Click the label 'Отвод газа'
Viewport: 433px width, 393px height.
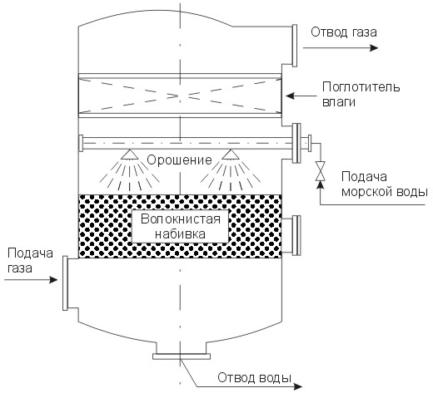[344, 32]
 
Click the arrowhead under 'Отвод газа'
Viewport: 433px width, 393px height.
[374, 48]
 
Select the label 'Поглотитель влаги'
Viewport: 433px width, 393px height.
[361, 94]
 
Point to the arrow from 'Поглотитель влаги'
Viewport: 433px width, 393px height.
[301, 96]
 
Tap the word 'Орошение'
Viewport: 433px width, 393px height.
[179, 160]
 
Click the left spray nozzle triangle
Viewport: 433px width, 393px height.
[129, 155]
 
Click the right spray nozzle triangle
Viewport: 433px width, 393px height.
[231, 155]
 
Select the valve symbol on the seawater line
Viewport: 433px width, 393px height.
[321, 171]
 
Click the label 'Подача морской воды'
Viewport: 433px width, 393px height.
[385, 184]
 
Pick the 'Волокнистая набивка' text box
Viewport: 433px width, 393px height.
[180, 227]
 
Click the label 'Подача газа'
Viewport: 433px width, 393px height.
[30, 261]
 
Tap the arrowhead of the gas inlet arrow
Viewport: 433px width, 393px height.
[53, 280]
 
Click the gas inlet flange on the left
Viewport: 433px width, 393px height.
[65, 282]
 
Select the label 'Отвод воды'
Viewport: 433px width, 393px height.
[254, 378]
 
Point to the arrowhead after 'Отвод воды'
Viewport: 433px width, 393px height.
[298, 386]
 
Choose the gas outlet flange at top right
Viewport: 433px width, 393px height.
[295, 46]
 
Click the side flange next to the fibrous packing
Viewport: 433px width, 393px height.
[296, 235]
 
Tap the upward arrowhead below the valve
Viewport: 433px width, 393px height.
[321, 184]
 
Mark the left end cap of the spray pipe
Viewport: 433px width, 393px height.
[81, 143]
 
